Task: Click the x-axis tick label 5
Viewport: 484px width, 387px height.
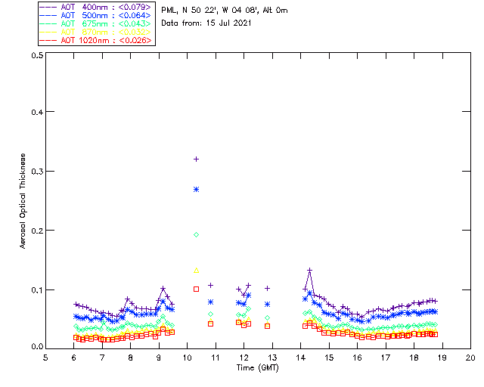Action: click(45, 357)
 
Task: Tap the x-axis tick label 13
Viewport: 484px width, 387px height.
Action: click(272, 357)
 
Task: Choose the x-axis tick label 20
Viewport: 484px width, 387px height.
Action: click(470, 357)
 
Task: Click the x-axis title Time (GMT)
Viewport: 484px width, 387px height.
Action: click(258, 367)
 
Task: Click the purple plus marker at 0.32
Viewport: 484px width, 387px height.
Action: click(196, 159)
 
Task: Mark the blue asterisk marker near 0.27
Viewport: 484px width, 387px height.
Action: click(196, 189)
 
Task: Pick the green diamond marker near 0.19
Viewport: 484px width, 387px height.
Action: click(196, 235)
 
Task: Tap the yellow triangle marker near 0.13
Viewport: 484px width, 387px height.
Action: click(196, 270)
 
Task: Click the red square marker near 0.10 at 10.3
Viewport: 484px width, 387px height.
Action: click(196, 289)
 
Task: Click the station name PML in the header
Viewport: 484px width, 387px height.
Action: click(169, 11)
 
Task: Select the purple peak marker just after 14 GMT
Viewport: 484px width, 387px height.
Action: click(309, 270)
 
